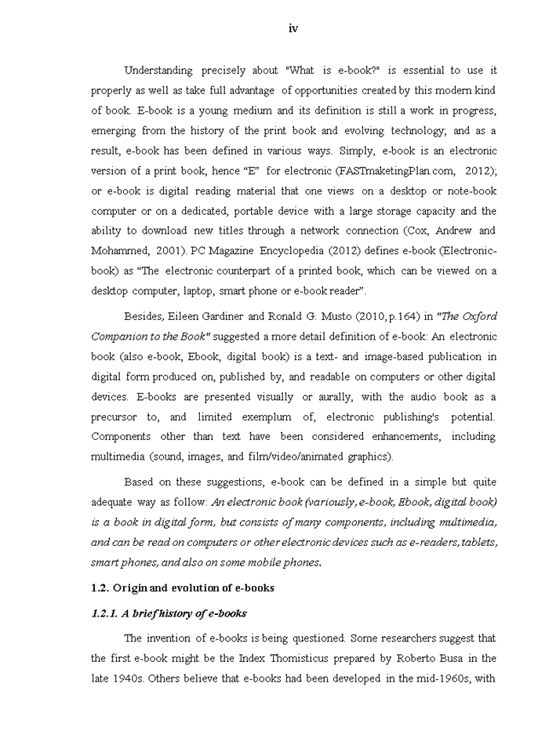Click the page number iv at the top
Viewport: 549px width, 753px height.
293,29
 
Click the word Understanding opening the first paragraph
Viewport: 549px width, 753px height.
162,71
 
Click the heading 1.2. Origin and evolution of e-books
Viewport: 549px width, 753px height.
182,588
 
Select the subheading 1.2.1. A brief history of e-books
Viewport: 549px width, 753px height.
169,614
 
